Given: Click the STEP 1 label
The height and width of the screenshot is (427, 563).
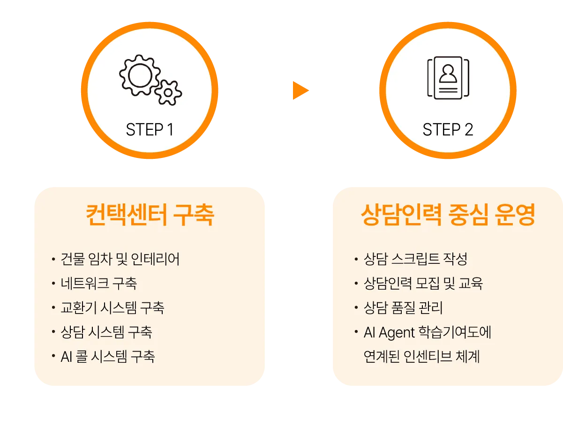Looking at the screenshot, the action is point(150,130).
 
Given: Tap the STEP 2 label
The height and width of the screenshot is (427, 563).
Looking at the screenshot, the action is point(448,130).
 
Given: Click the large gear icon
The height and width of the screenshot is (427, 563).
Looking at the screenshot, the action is point(139,76).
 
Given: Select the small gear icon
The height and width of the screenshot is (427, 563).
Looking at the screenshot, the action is point(168,92).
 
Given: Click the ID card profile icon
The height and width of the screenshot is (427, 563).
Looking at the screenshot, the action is point(448,78).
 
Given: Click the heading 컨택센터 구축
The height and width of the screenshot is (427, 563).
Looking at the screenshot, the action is point(150,215).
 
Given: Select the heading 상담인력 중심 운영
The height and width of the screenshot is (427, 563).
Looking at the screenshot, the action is point(448,215).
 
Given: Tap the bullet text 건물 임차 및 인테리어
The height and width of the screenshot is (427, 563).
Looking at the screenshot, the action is point(120,259).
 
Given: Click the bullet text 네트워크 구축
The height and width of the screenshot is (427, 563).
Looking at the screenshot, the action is point(99,284).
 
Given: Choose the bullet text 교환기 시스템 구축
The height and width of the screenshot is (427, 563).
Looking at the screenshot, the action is point(113,308).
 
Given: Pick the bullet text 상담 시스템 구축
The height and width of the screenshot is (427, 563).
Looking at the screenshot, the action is point(106,332).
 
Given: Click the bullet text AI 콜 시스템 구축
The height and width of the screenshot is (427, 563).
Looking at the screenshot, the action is point(108,357).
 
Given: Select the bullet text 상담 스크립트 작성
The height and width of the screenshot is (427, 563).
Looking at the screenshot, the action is point(415,259).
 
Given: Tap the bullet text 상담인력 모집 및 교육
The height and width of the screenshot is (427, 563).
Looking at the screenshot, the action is point(423,284).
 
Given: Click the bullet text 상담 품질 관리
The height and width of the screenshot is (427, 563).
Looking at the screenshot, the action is point(403,308).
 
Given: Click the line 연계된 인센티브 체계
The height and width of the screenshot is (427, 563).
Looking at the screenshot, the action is point(422,357).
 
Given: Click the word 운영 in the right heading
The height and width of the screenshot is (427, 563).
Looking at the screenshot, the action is point(515,215).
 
